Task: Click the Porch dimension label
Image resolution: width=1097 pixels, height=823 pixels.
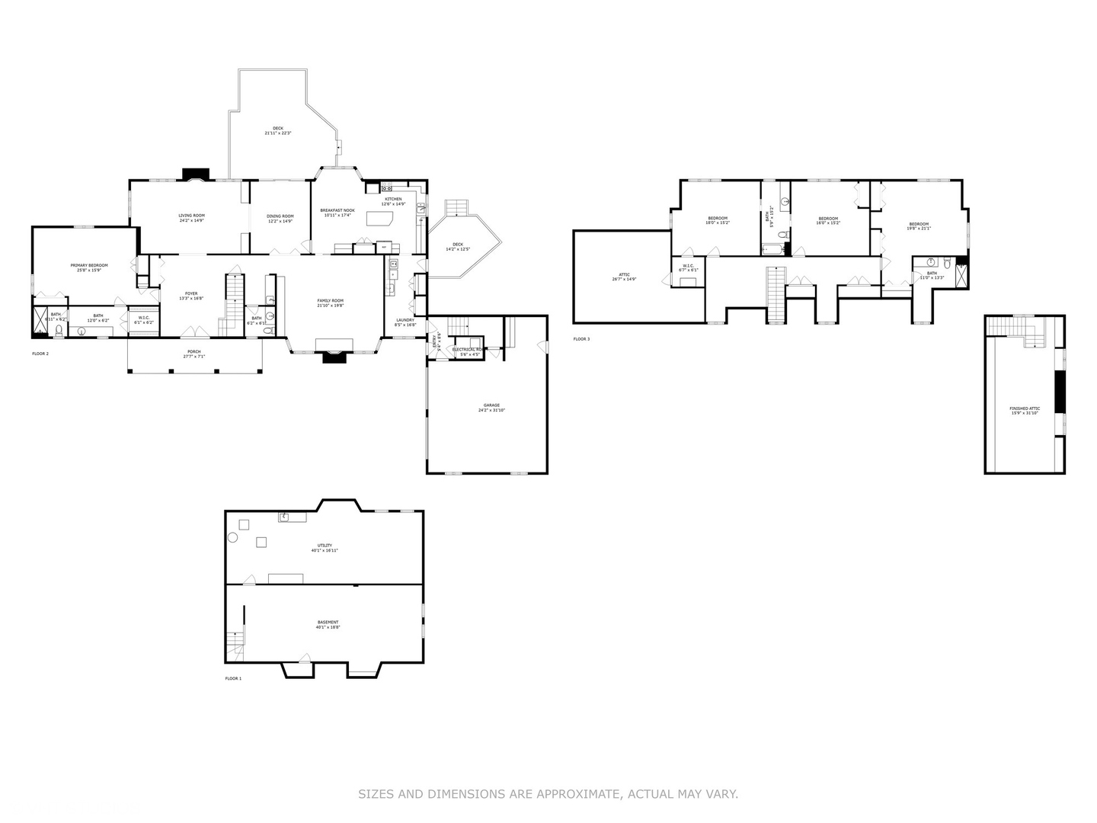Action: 194,354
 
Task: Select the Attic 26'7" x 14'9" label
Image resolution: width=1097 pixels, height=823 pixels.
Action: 624,277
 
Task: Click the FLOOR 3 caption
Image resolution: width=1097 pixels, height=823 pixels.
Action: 581,339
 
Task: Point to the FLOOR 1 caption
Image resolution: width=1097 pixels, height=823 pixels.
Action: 233,678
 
